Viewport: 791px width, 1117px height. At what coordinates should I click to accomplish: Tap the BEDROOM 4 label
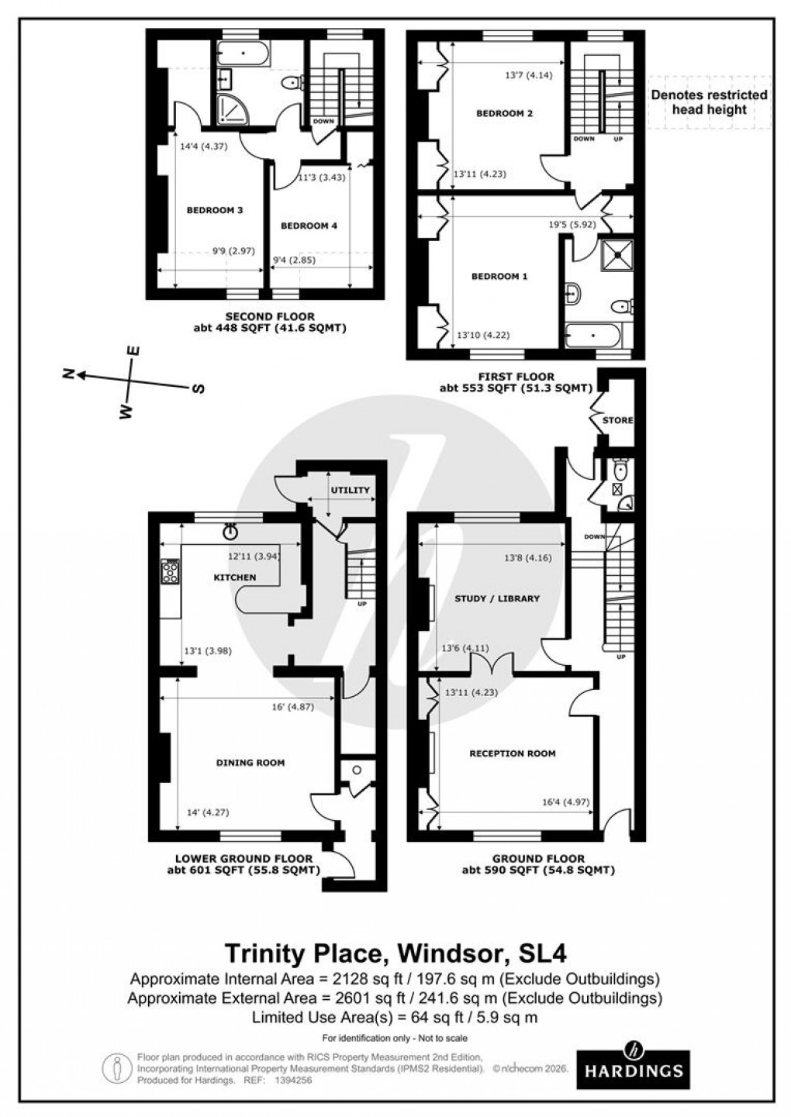point(309,226)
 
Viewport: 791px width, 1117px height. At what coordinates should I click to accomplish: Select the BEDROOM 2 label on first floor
point(504,113)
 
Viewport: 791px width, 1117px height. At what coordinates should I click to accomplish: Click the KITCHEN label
point(234,577)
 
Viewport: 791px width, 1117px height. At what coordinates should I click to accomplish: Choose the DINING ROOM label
point(250,763)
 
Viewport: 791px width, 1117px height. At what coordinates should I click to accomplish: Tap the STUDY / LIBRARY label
point(496,598)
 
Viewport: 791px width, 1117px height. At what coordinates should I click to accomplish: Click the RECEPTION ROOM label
point(512,753)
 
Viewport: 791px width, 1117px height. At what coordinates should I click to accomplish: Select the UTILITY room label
point(351,490)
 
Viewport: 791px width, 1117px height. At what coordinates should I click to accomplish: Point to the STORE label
point(618,420)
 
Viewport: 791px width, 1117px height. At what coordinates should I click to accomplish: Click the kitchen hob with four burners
point(170,573)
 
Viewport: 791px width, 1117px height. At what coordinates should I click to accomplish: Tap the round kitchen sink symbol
point(230,532)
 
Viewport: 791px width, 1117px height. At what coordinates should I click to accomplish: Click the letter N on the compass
point(70,374)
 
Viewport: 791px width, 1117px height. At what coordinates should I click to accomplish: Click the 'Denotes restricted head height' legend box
point(709,102)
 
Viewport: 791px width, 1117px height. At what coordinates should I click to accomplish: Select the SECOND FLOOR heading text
point(269,316)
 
